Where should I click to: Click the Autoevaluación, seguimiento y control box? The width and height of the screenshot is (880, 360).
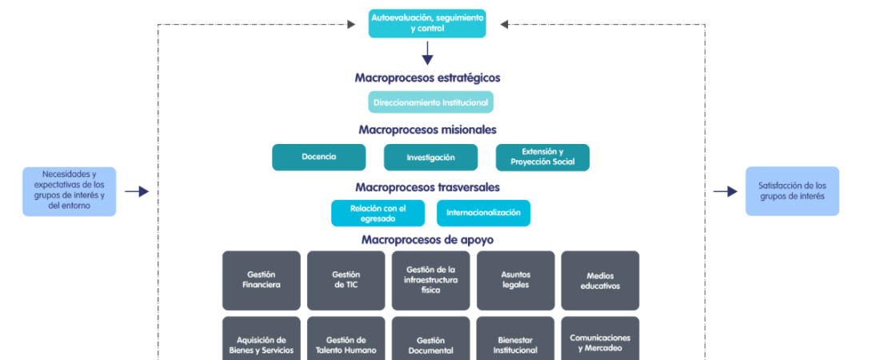[x=427, y=23]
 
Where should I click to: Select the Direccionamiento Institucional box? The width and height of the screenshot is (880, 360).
[x=430, y=102]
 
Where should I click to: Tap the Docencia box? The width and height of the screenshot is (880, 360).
[x=318, y=157]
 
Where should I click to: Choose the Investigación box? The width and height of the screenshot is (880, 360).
[x=430, y=157]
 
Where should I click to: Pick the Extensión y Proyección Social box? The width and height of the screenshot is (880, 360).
[x=542, y=157]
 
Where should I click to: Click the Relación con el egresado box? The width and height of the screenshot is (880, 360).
[x=378, y=213]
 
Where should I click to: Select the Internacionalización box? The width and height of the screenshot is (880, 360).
[x=483, y=213]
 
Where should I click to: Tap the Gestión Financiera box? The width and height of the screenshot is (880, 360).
[x=262, y=280]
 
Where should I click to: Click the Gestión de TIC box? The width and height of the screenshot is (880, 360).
[x=346, y=280]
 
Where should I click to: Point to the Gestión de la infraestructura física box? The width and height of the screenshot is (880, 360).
[x=430, y=280]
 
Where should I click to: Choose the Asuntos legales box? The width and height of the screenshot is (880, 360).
[x=515, y=280]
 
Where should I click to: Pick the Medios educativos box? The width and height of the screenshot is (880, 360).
[x=600, y=280]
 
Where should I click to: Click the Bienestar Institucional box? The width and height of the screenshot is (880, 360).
[x=515, y=344]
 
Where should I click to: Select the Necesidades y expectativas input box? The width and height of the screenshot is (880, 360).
[x=69, y=191]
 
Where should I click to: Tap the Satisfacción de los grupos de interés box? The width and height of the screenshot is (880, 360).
[x=792, y=191]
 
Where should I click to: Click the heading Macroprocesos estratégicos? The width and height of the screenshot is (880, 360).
[x=427, y=78]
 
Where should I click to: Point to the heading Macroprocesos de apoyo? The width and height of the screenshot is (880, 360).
[x=427, y=238]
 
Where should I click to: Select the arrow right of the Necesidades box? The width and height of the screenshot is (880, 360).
[x=137, y=191]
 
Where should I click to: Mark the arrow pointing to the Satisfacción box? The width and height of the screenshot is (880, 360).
[x=725, y=191]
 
